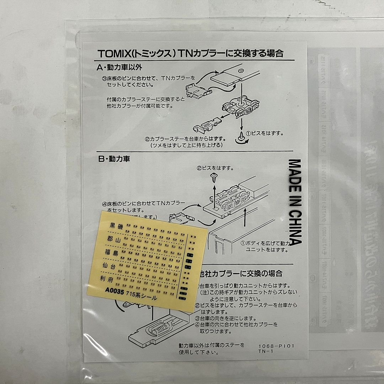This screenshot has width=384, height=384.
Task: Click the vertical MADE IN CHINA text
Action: point(295,202)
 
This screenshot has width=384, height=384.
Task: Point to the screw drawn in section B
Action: point(215,177)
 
